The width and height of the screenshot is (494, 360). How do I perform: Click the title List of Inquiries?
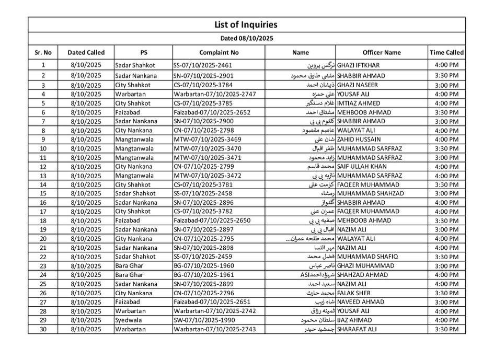click(246, 25)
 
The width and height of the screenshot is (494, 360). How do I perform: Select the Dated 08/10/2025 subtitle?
click(246, 38)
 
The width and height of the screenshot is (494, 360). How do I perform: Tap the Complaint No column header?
click(219, 52)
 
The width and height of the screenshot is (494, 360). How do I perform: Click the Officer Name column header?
click(382, 52)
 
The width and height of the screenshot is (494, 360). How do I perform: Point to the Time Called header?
click(446, 52)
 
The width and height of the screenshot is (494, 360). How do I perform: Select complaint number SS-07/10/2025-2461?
click(202, 65)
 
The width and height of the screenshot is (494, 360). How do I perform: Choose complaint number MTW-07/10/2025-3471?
click(207, 157)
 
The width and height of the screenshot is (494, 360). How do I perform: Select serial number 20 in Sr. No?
click(43, 239)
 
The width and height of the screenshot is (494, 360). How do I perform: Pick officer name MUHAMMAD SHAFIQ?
click(369, 257)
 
